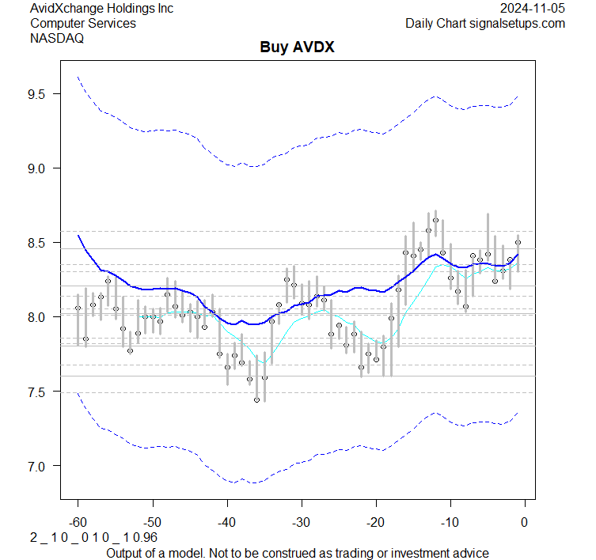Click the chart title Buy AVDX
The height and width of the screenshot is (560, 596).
coord(298,47)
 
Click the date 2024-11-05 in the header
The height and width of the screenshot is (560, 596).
coord(532,9)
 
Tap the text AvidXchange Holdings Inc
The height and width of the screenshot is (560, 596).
coord(101,9)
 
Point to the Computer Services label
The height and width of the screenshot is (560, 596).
coord(82,24)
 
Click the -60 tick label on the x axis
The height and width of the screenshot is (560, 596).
coord(78,522)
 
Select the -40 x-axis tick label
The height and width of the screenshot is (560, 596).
coord(226,522)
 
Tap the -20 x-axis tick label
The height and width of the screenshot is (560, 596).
coord(375,522)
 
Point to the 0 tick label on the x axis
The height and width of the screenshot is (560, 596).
coord(524,522)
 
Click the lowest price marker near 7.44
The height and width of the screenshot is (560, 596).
coord(256,400)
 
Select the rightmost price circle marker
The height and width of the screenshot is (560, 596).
coord(518,243)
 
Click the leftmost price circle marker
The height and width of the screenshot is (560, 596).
coord(78,308)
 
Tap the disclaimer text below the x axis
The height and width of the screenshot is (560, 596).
coord(298,552)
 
